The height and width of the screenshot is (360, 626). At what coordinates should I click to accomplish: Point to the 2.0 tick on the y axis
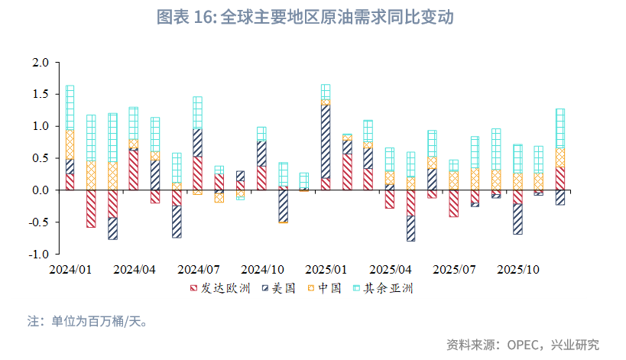(x=41, y=62)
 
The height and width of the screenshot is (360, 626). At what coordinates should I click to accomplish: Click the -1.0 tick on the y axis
(x=39, y=254)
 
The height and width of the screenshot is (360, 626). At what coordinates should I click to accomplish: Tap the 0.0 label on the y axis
(x=41, y=190)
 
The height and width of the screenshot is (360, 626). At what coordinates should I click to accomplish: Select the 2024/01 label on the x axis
(x=70, y=270)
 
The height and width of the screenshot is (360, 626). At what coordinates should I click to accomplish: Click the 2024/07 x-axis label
(x=199, y=270)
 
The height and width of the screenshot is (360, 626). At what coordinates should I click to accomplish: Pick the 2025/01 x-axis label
(x=326, y=270)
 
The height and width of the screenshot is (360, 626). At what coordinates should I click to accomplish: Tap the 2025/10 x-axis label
(x=518, y=270)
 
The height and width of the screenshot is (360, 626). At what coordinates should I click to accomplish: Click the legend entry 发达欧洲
(x=219, y=288)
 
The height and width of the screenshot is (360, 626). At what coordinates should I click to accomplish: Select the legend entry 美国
(x=278, y=288)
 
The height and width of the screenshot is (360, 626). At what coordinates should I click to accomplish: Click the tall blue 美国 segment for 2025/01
(x=326, y=141)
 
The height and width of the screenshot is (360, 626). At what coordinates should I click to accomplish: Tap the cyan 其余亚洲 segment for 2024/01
(x=70, y=108)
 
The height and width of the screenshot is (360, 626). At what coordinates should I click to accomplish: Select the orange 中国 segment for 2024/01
(x=70, y=144)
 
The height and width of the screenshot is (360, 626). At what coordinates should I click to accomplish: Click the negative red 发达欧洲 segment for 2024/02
(x=91, y=208)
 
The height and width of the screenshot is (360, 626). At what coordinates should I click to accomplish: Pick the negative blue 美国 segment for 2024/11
(x=283, y=204)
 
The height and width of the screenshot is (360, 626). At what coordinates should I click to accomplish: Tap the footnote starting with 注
(x=87, y=320)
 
